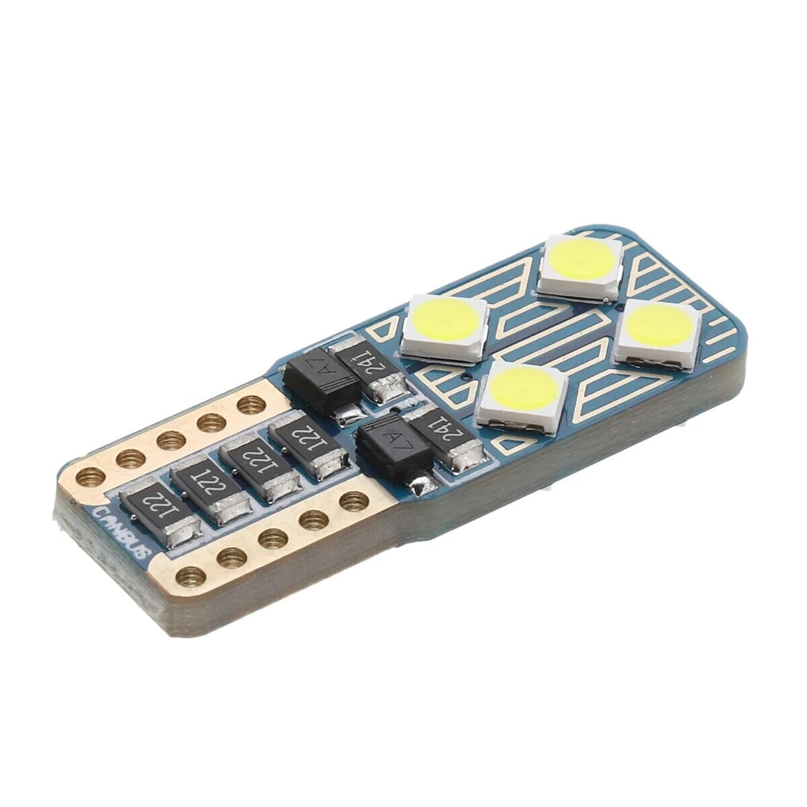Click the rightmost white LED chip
click(x=658, y=331)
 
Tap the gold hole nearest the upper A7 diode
click(x=252, y=405)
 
